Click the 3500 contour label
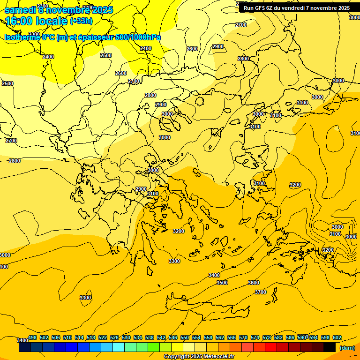coord(222,283)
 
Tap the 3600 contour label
coord(253,283)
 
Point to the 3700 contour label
coord(261,292)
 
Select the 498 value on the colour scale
coord(32,337)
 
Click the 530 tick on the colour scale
coord(126,337)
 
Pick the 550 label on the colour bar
coord(185,337)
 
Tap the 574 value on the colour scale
coord(255,337)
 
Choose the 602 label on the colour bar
coord(337,337)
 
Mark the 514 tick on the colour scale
coord(79,337)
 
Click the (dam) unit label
coord(347,348)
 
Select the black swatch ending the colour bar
coord(330,347)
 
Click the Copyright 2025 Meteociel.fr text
coord(199,357)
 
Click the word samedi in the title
coord(21,9)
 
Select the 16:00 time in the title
coord(19,21)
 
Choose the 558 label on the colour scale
coord(208,337)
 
